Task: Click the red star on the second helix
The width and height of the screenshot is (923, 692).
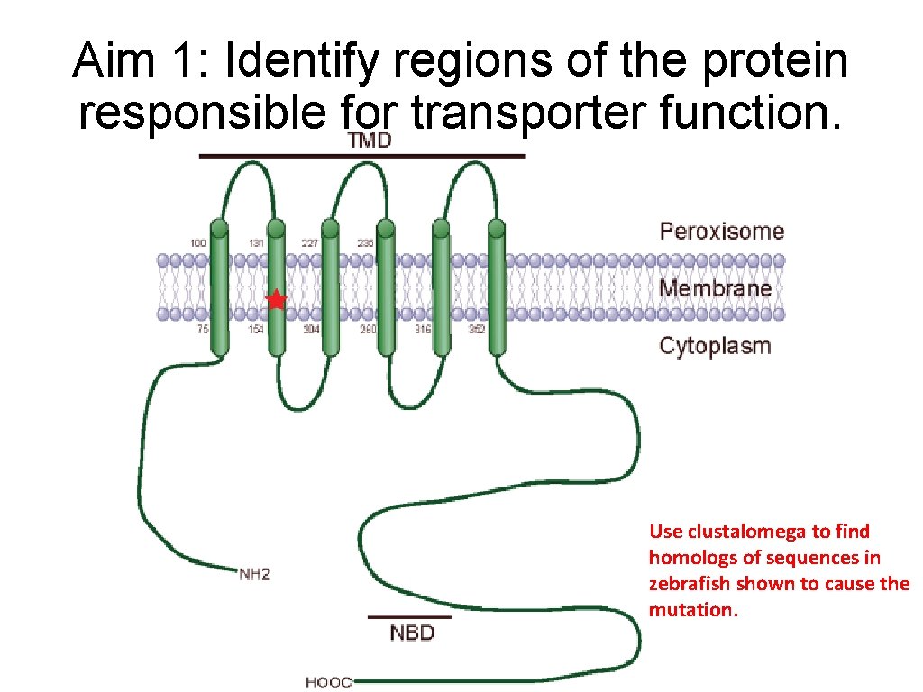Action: point(276,300)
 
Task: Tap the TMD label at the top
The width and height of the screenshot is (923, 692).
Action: point(370,141)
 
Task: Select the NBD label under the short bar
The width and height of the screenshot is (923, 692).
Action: point(412,633)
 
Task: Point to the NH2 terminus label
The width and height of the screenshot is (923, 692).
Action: point(254,573)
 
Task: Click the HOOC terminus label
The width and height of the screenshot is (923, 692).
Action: point(328,682)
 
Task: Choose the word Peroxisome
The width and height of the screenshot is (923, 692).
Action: point(722,231)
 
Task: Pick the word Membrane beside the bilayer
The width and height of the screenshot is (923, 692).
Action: point(716,288)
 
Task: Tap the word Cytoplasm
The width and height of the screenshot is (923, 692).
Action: point(715,345)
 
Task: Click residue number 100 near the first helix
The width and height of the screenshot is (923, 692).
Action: point(198,243)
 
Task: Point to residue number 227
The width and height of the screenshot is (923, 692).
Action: point(309,243)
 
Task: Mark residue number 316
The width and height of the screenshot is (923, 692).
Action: point(422,330)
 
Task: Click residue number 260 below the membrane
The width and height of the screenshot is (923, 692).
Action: point(368,330)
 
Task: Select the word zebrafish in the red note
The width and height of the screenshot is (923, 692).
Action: point(690,583)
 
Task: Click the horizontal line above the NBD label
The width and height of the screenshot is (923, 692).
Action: point(409,617)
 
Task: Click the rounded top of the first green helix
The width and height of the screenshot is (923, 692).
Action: point(219,225)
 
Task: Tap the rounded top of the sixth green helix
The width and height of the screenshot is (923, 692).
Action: point(497,225)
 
